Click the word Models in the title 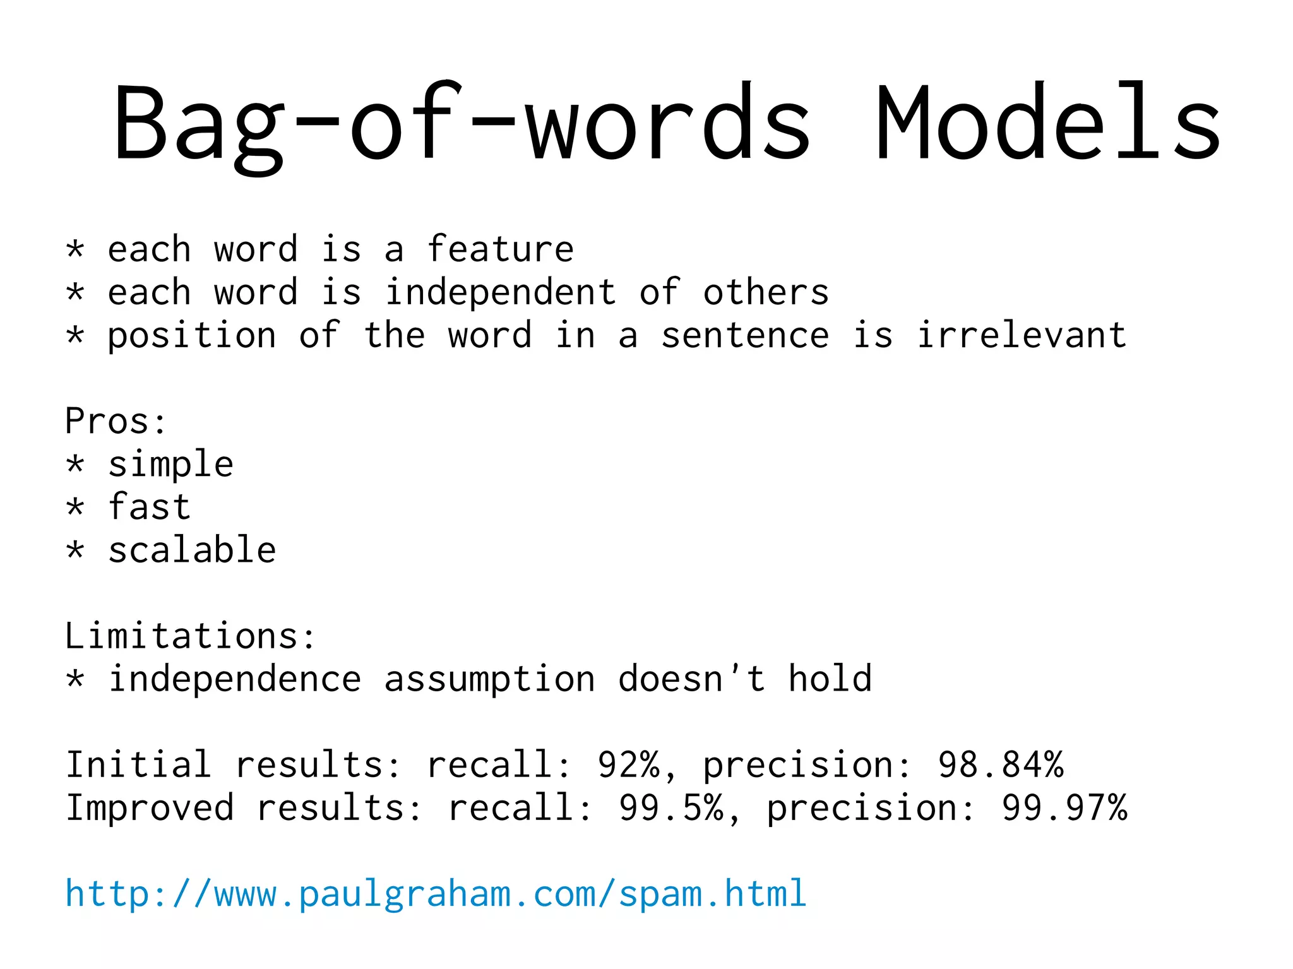pos(1048,123)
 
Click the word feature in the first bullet pos(500,249)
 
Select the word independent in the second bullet pos(500,293)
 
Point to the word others pos(766,293)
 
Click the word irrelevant pos(1022,335)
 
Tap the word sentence pos(745,336)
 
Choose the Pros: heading pos(116,421)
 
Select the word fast pos(149,507)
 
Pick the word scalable pos(192,550)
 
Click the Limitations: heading pos(190,636)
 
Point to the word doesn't pos(692,679)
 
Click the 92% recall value pos(628,765)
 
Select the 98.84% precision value pos(1001,765)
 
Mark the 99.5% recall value pos(671,808)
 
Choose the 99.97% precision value pos(1064,808)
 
